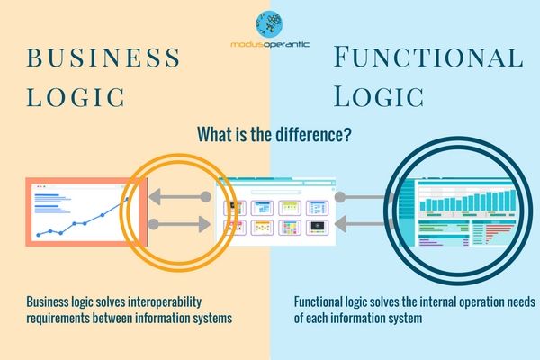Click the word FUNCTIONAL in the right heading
pyautogui.click(x=427, y=58)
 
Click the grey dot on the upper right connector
pyautogui.click(x=339, y=195)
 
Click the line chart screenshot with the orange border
pyautogui.click(x=76, y=213)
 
